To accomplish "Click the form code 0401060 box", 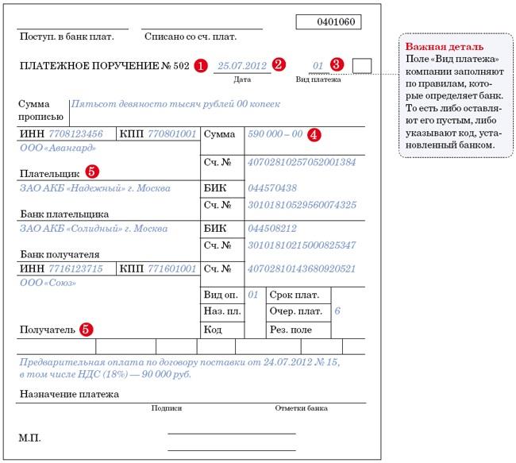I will [x=328, y=21].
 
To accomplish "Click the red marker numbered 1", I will [x=201, y=66].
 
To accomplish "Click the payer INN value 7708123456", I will [x=75, y=134].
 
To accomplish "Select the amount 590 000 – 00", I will [x=275, y=134].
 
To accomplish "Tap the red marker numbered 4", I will [x=314, y=134].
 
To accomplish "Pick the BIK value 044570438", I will [x=272, y=188].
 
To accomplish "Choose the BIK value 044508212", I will [x=272, y=229].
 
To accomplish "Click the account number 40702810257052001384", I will [x=302, y=162].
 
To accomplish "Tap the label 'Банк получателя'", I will [x=59, y=255].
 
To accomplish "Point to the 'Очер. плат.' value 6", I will [x=337, y=311].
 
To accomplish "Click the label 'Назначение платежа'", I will [x=68, y=394].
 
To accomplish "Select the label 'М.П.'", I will [x=29, y=438].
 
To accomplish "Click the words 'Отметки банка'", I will [x=301, y=408].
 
